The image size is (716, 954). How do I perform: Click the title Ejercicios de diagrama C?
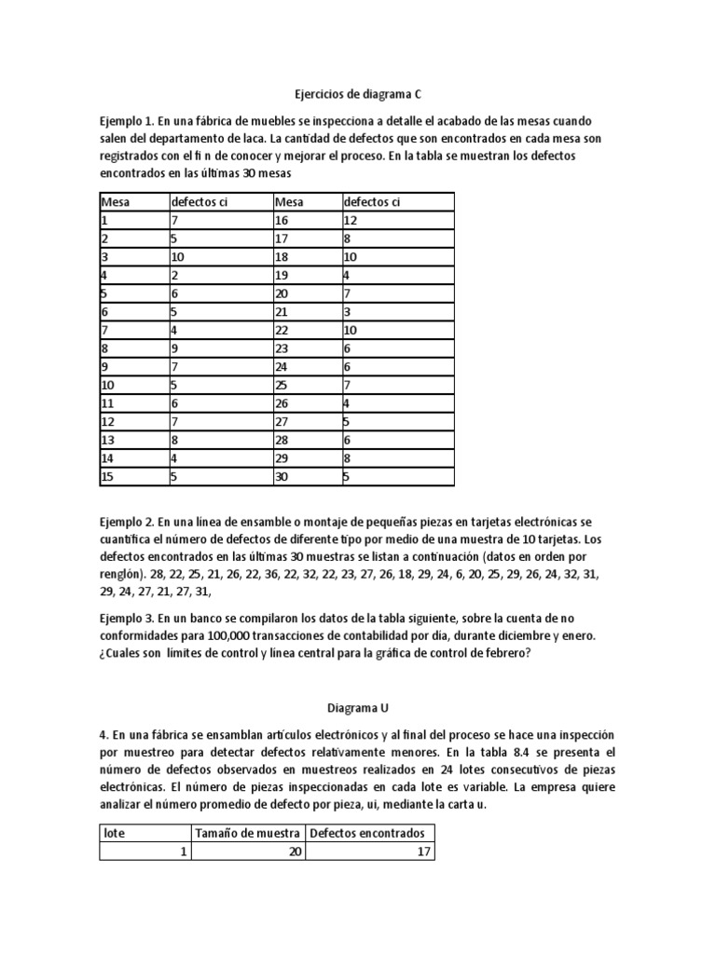pos(358,94)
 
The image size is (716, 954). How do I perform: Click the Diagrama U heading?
pos(358,707)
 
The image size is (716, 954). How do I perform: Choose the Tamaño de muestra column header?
pos(247,833)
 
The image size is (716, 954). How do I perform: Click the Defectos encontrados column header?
pos(367,833)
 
